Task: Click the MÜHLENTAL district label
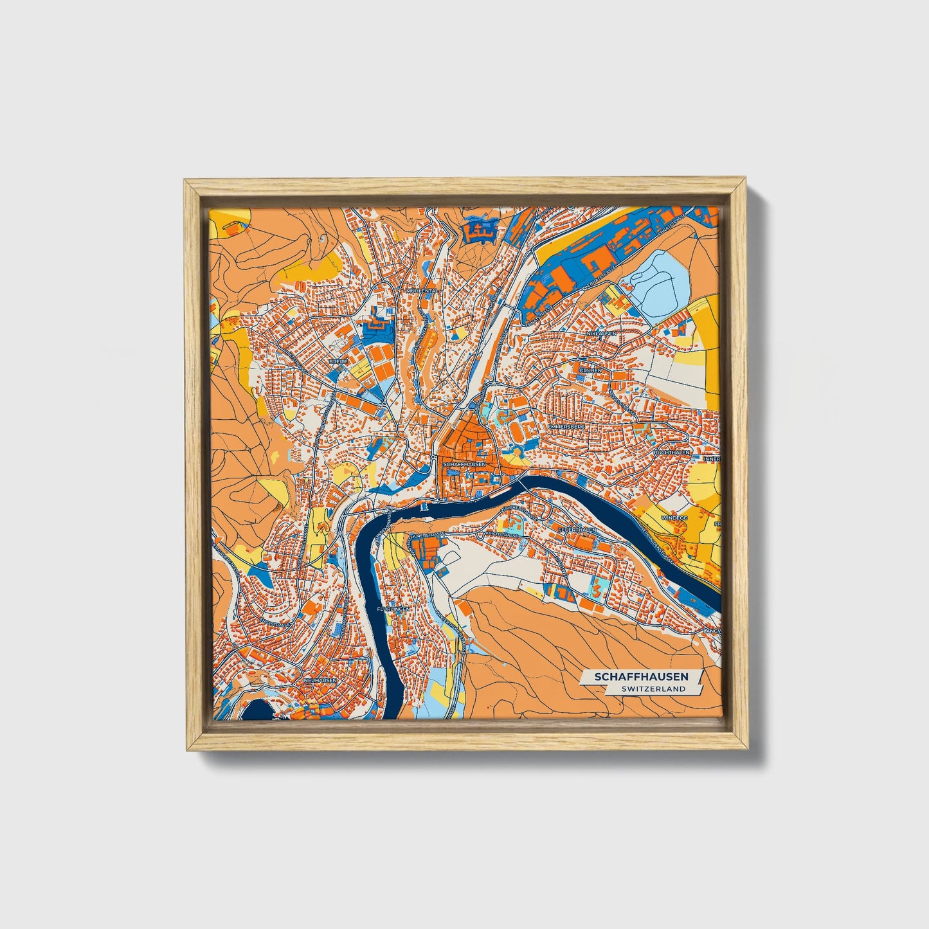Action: [x=422, y=290]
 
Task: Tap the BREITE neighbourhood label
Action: [x=338, y=361]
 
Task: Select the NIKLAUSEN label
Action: [x=600, y=334]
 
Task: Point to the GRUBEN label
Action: [x=590, y=370]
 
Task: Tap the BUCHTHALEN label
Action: [x=671, y=453]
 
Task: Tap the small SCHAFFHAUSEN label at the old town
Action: [x=460, y=463]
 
